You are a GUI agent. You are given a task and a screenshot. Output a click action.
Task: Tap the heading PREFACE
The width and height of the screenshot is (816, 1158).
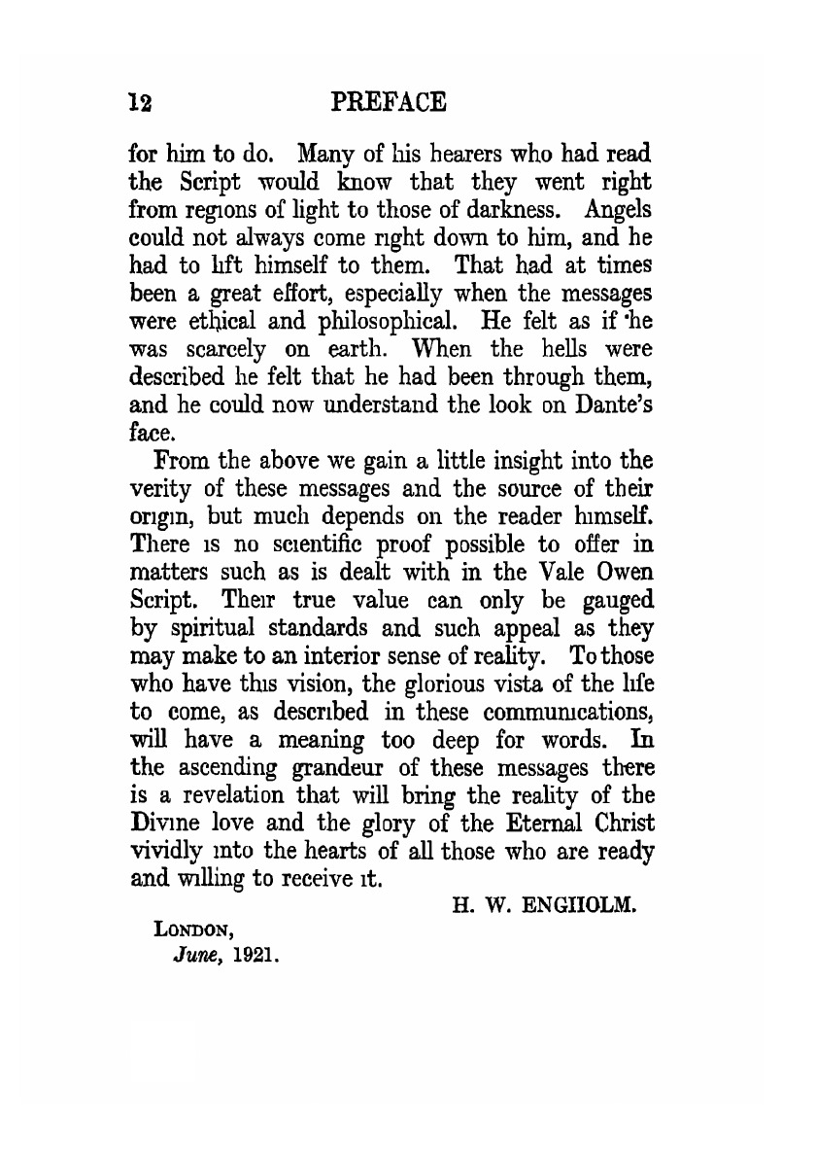coord(388,101)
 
